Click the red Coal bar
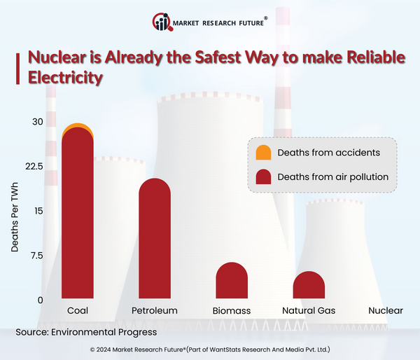[77, 217]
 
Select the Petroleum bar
[155, 242]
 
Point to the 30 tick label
[37, 122]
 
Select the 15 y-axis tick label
[38, 211]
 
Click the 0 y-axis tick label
[40, 300]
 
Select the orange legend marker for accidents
[264, 153]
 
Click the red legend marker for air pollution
[264, 176]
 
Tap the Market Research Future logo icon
[161, 22]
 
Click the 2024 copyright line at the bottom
[210, 349]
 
